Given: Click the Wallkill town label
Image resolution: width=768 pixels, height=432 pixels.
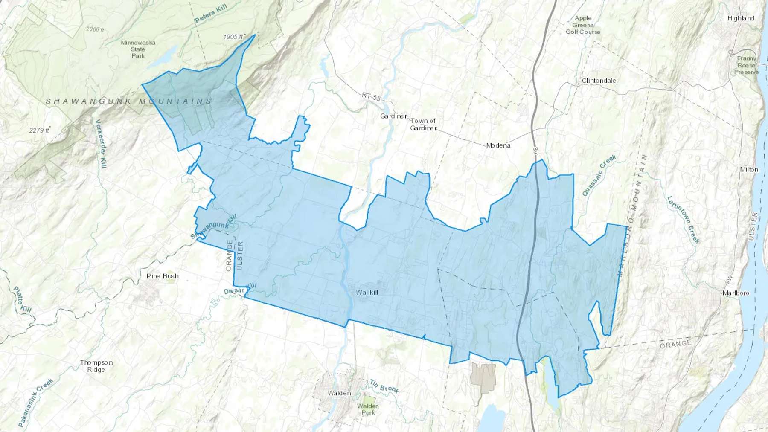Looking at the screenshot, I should [367, 293].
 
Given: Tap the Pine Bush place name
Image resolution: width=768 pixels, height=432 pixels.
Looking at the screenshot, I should [163, 276].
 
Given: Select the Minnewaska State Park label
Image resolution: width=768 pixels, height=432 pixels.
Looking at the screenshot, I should [138, 49].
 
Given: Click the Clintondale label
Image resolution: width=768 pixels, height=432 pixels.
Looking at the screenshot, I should [599, 81].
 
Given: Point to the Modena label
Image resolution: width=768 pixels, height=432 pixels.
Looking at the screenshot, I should [498, 145].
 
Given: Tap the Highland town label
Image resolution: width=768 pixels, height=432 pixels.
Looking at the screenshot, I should [741, 18].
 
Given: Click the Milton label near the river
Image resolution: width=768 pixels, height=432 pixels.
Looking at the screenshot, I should [749, 169].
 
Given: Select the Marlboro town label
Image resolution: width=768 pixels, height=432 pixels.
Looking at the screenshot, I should [736, 293].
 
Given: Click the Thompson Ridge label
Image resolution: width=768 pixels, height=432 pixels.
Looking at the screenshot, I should [96, 366].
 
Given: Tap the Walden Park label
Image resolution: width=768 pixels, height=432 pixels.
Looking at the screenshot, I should [368, 409].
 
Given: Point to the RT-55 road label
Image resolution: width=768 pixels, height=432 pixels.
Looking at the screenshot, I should [371, 97].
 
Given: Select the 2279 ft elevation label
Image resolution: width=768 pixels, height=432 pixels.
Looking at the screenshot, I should [39, 130].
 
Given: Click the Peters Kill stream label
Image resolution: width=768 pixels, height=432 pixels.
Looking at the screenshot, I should [211, 14].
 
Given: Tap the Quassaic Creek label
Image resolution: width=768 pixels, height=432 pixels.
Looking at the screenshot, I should [599, 175].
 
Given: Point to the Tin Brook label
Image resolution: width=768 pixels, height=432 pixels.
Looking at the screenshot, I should [384, 386].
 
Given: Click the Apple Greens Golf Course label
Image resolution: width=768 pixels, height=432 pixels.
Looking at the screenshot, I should [583, 25].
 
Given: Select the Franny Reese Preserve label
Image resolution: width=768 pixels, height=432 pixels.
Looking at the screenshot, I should [746, 65].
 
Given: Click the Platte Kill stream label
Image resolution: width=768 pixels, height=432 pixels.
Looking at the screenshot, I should [22, 299].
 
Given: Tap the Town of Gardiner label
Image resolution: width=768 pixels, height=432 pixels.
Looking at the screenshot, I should [423, 125].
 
